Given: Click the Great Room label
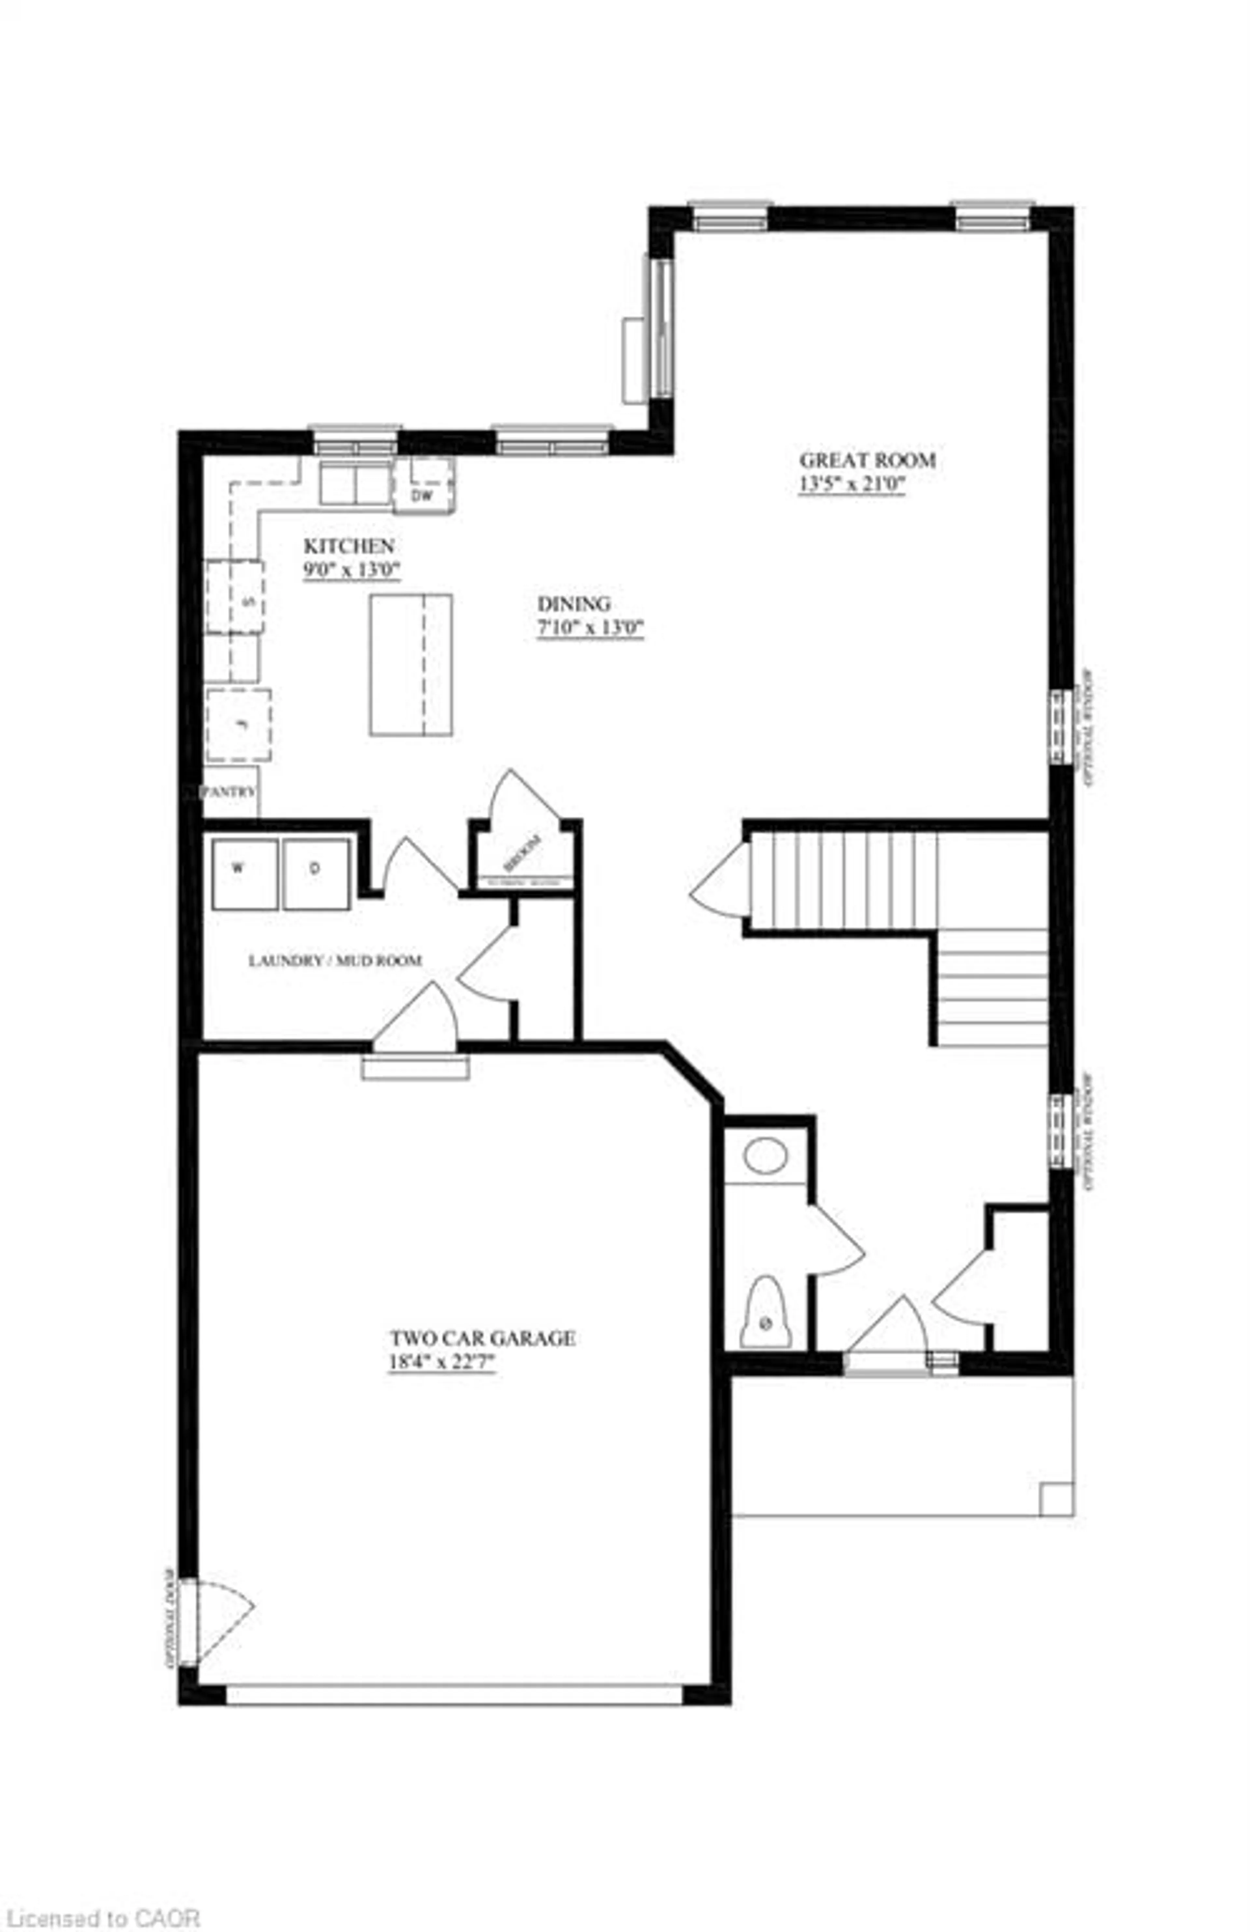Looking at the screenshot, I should pyautogui.click(x=867, y=460).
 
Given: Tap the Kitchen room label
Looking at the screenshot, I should pyautogui.click(x=349, y=546).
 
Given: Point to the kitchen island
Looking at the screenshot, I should pyautogui.click(x=411, y=665).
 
